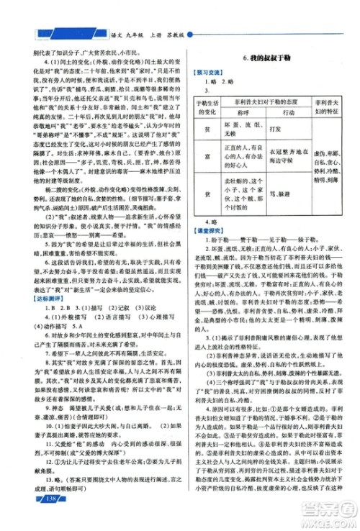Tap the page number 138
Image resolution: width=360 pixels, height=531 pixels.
[x=31, y=519]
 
